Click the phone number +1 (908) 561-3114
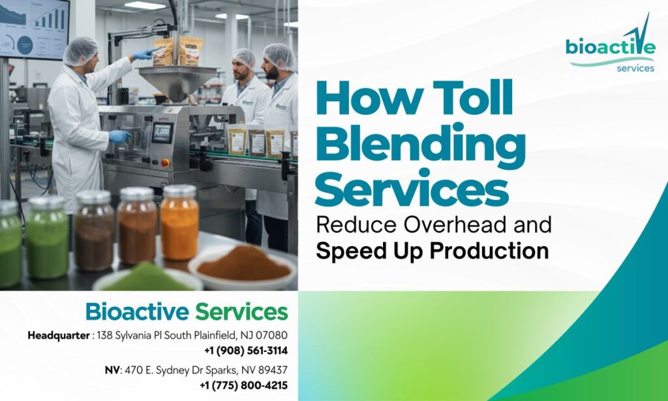(x=246, y=351)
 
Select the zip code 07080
(x=273, y=335)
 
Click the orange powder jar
(x=179, y=222)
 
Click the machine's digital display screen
(x=162, y=133)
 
